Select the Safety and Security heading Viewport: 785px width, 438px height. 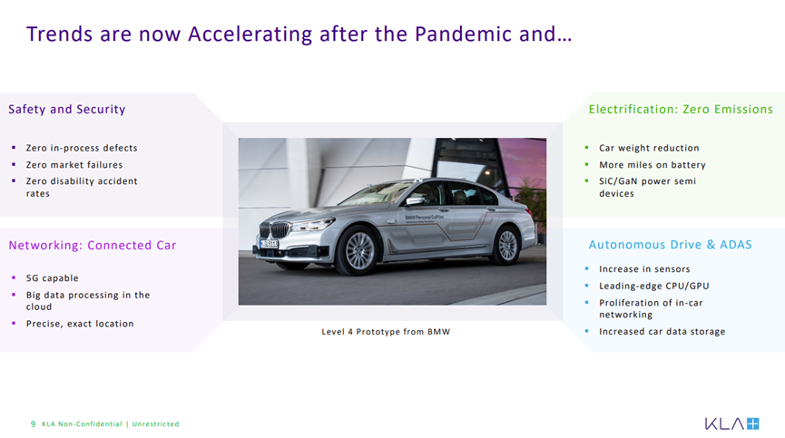[66, 110]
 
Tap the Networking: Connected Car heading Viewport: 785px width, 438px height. [93, 246]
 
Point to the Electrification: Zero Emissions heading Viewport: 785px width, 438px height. [681, 110]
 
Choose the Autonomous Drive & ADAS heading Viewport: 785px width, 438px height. [670, 245]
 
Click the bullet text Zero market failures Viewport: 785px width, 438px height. [74, 165]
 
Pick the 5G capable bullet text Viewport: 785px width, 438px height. [52, 278]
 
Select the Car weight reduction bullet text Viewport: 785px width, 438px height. [649, 148]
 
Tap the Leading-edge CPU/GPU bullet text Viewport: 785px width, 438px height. [653, 286]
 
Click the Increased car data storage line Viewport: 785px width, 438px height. [662, 332]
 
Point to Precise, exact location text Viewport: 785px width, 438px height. [80, 324]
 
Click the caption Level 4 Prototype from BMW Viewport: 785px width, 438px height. [386, 332]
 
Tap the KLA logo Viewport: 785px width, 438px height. [732, 424]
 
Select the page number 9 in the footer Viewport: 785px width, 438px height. [33, 424]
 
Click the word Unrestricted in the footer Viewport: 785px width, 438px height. [155, 424]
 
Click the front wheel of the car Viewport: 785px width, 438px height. [359, 251]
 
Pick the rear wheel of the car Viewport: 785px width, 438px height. [506, 245]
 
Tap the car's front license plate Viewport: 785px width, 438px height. [270, 244]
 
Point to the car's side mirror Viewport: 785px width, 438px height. [415, 201]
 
